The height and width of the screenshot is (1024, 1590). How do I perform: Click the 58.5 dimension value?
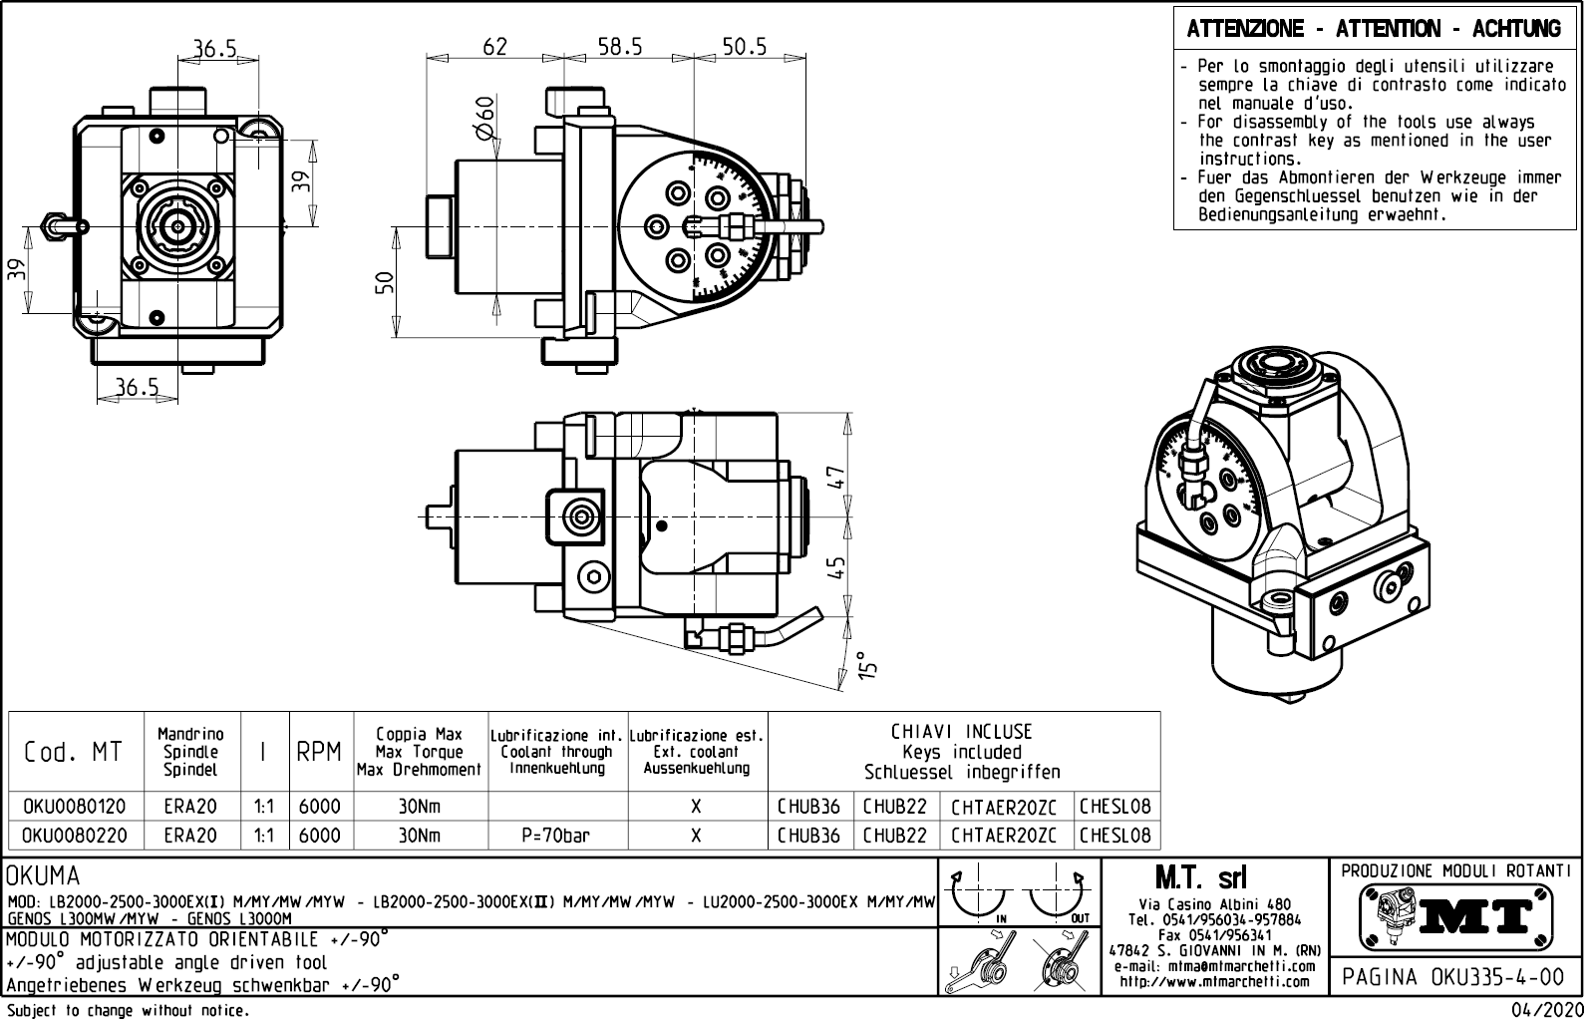pos(619,47)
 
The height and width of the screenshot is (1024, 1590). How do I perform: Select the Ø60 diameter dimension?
pos(484,121)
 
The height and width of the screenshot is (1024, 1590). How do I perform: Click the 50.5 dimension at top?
pos(745,47)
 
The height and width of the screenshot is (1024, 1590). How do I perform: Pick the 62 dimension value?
pos(494,47)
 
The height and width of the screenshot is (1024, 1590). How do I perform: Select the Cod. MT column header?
pos(73,752)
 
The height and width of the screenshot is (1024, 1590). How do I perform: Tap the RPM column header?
pos(319,752)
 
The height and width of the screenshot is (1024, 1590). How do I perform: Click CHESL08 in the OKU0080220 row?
pos(1114,836)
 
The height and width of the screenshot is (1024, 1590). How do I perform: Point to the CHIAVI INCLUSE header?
pos(962,732)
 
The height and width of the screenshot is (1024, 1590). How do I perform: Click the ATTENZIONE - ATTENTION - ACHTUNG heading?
pos(1374,29)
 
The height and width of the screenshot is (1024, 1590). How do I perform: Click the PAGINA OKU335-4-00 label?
pos(1454,976)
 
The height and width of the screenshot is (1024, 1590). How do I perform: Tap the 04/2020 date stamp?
pos(1540,1011)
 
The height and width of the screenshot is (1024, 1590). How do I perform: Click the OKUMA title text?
pos(43,876)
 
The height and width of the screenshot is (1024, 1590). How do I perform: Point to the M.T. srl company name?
pos(1200,877)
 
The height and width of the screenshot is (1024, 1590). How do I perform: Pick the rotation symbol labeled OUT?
pos(1059,896)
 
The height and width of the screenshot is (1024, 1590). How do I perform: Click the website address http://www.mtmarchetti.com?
pos(1214,982)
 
